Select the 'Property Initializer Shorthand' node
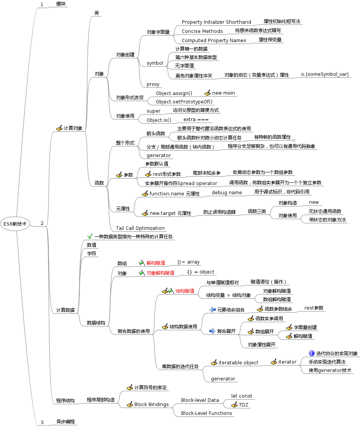tap(216, 22)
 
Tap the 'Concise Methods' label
tap(202, 31)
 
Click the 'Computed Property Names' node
tap(214, 41)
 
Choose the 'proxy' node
tap(153, 84)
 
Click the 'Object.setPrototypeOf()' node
tap(184, 102)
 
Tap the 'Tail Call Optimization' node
tap(140, 228)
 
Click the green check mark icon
tap(90, 237)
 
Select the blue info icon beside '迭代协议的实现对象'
tap(312, 353)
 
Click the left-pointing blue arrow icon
tap(213, 310)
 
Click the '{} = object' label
tap(201, 272)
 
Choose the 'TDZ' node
tap(244, 405)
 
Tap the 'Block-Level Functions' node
tap(206, 413)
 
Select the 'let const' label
tap(242, 396)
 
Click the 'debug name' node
tap(227, 193)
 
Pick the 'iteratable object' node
tap(238, 362)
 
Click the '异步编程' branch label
tap(65, 422)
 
